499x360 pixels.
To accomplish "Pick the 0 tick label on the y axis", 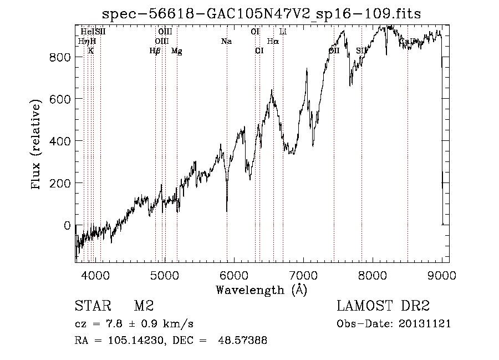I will pyautogui.click(x=67, y=226).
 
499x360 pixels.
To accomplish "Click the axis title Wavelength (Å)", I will pyautogui.click(x=261, y=290).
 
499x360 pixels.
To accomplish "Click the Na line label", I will pyautogui.click(x=226, y=41).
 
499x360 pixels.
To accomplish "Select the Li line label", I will pyautogui.click(x=283, y=32).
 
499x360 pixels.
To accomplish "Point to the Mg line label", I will pyautogui.click(x=176, y=51).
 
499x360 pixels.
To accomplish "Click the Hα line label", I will pyautogui.click(x=273, y=41).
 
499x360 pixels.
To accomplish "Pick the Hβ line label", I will pyautogui.click(x=155, y=51).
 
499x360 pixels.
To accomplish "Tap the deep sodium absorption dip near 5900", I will pyautogui.click(x=227, y=210).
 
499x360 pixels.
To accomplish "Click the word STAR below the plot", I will pyautogui.click(x=92, y=306).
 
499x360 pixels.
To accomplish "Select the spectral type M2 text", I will pyautogui.click(x=143, y=306).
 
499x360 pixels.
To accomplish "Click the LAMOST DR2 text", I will pyautogui.click(x=383, y=306).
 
